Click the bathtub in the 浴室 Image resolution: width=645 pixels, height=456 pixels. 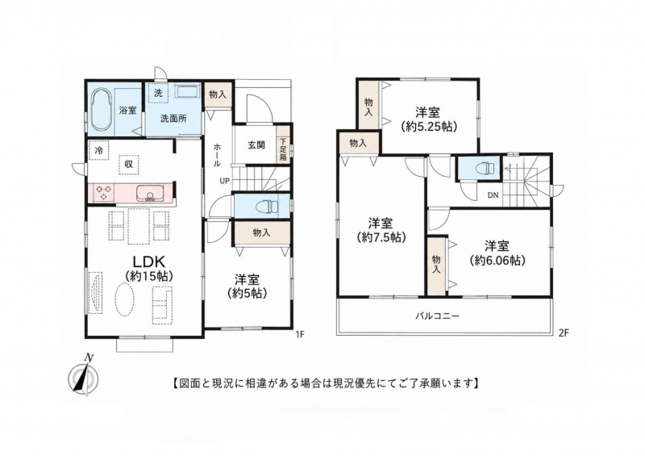click(x=102, y=110)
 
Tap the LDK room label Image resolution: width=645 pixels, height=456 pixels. click(x=148, y=262)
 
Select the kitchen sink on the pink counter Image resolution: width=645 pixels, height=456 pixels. click(x=150, y=193)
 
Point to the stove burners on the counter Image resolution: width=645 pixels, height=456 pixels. click(x=104, y=192)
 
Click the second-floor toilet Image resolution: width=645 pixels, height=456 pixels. click(x=485, y=168)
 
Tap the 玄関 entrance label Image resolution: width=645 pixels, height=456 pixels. click(x=256, y=145)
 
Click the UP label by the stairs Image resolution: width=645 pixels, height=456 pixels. click(x=225, y=181)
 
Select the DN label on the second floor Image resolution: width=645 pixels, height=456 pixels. click(x=493, y=195)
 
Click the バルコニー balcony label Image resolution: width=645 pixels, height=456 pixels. click(x=436, y=316)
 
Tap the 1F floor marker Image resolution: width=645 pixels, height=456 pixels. click(x=299, y=334)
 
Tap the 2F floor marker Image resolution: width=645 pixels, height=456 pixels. click(x=563, y=333)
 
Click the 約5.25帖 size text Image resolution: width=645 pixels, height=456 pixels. click(x=429, y=126)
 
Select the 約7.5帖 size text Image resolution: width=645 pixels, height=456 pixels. click(x=381, y=237)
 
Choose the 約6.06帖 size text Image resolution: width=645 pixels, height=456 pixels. click(x=497, y=261)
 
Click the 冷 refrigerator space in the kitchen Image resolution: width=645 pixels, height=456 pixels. click(x=99, y=150)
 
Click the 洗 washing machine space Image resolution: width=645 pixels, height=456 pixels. click(x=158, y=93)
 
